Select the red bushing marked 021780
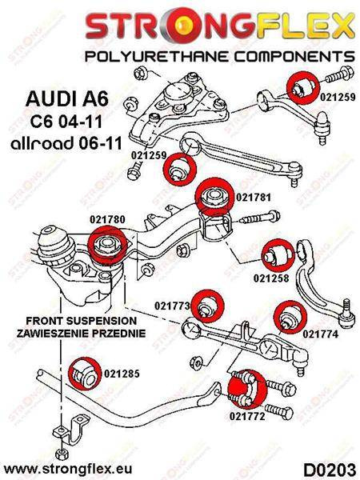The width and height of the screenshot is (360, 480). (x=106, y=243)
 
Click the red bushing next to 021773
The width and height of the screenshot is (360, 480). (x=212, y=304)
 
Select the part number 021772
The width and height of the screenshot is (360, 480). (x=248, y=417)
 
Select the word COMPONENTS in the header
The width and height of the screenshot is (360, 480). (x=285, y=57)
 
